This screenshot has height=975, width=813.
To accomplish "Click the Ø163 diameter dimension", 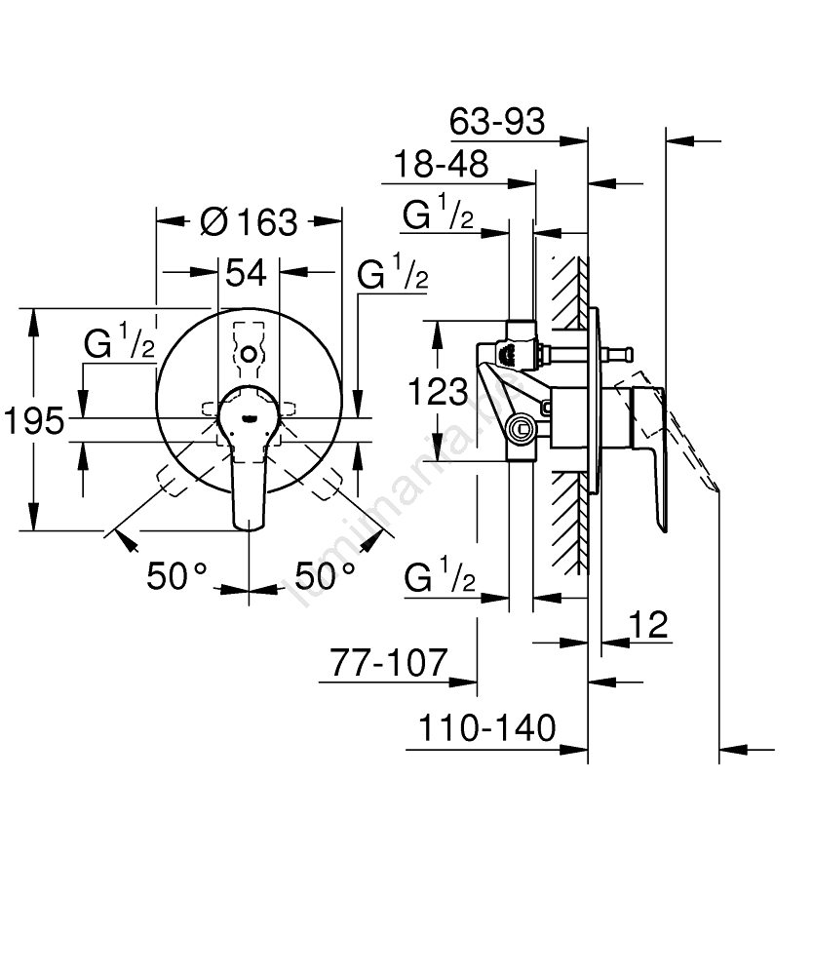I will pyautogui.click(x=248, y=222).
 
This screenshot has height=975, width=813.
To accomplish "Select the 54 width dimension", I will pyautogui.click(x=246, y=273).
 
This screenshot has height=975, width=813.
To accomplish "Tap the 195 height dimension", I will pyautogui.click(x=32, y=422).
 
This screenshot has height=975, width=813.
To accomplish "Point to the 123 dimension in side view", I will pyautogui.click(x=436, y=392).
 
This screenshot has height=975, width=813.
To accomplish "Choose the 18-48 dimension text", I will pyautogui.click(x=440, y=165).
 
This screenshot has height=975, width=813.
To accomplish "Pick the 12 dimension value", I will pyautogui.click(x=648, y=624).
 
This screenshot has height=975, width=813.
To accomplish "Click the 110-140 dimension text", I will pyautogui.click(x=486, y=727).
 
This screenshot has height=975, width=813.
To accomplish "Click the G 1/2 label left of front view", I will pyautogui.click(x=118, y=344).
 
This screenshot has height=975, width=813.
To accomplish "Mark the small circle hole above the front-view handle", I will pyautogui.click(x=251, y=354).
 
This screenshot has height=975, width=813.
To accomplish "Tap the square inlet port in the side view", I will pyautogui.click(x=523, y=426).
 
